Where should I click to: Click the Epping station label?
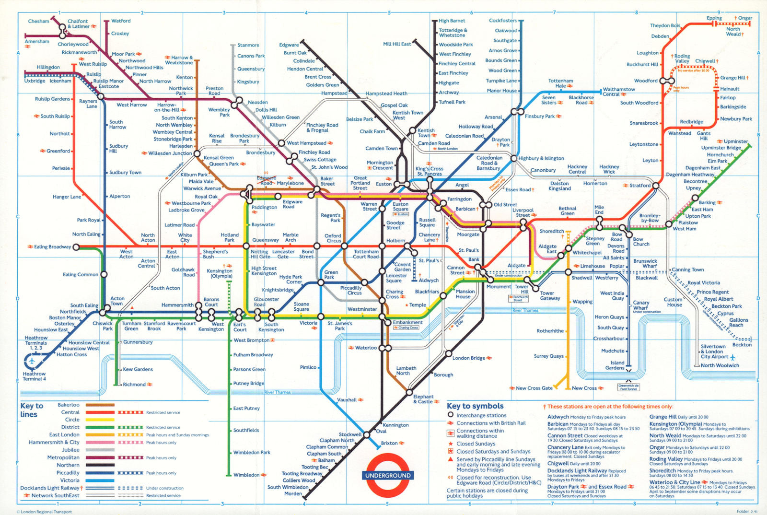pyautogui.click(x=714, y=18)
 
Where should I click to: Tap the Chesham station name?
pyautogui.click(x=38, y=21)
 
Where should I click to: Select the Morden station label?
pyautogui.click(x=293, y=493)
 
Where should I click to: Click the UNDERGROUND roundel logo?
pyautogui.click(x=388, y=475)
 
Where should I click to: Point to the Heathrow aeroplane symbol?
pyautogui.click(x=32, y=361)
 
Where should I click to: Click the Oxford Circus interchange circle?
pyautogui.click(x=344, y=246)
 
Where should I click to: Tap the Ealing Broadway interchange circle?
pyautogui.click(x=76, y=247)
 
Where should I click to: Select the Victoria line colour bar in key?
pyautogui.click(x=100, y=480)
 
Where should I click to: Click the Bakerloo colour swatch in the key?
pyautogui.click(x=100, y=405)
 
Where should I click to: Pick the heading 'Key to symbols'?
pyautogui.click(x=475, y=406)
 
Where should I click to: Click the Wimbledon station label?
pyautogui.click(x=246, y=475)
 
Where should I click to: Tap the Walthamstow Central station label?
pyautogui.click(x=619, y=92)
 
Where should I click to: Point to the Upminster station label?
pyautogui.click(x=735, y=141)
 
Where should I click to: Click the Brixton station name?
pyautogui.click(x=389, y=443)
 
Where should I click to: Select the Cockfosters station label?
pyautogui.click(x=503, y=21)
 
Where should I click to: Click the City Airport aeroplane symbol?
pyautogui.click(x=732, y=357)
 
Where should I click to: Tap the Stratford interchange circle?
pyautogui.click(x=655, y=186)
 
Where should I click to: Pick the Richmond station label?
pyautogui.click(x=134, y=384)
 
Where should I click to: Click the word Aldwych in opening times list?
pyautogui.click(x=558, y=417)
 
